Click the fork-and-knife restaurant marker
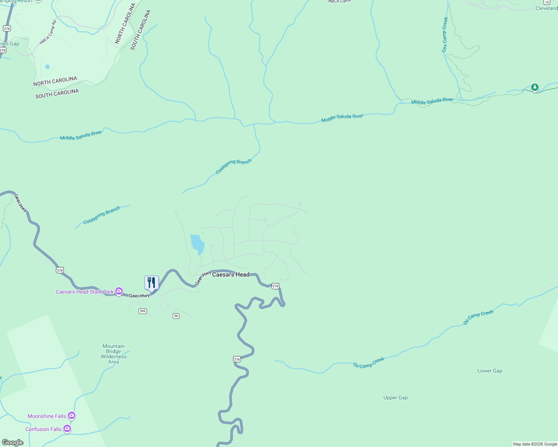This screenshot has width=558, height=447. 151,283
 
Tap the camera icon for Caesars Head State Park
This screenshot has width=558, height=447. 119,291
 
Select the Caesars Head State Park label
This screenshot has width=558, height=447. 85,292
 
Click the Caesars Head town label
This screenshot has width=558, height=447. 231,275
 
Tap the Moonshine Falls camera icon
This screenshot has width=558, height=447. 72,416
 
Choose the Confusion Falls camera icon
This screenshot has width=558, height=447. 67,429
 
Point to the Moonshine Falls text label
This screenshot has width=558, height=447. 47,416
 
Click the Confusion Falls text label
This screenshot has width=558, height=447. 43,429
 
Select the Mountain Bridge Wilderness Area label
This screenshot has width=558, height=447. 113,354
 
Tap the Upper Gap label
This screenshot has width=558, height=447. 395,397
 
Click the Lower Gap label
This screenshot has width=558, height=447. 490,371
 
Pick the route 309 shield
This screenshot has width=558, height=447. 142,311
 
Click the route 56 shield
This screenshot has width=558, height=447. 176,316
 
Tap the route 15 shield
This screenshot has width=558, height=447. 547,2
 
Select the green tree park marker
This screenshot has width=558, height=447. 535,88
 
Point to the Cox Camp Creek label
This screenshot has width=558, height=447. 445,35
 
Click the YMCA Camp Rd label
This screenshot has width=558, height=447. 48,33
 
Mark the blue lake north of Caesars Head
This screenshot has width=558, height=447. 197,244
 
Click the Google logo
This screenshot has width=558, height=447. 13,443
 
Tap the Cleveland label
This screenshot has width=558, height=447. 546,8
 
